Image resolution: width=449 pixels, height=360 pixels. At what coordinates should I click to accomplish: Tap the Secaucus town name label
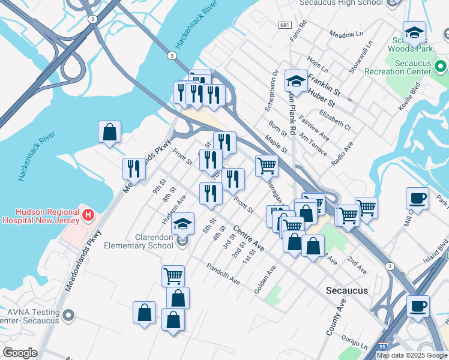click(x=346, y=290)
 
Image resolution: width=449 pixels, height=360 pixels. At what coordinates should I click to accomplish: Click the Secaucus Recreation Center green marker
click(x=441, y=65)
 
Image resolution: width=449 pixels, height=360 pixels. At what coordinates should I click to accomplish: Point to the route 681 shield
click(x=285, y=25)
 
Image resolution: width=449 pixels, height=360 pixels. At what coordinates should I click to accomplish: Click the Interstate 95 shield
click(x=383, y=346)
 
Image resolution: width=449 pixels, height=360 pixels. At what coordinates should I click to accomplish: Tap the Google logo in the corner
click(x=20, y=352)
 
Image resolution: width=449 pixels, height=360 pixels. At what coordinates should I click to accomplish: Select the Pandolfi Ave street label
click(x=223, y=274)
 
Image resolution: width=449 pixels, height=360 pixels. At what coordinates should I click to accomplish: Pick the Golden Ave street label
click(x=265, y=279)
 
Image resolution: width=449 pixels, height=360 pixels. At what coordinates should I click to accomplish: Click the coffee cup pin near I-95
click(x=418, y=305)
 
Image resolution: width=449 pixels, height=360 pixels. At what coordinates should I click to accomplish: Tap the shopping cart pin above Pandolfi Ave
click(x=173, y=276)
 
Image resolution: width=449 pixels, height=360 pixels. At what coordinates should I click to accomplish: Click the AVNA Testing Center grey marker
click(x=69, y=314)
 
